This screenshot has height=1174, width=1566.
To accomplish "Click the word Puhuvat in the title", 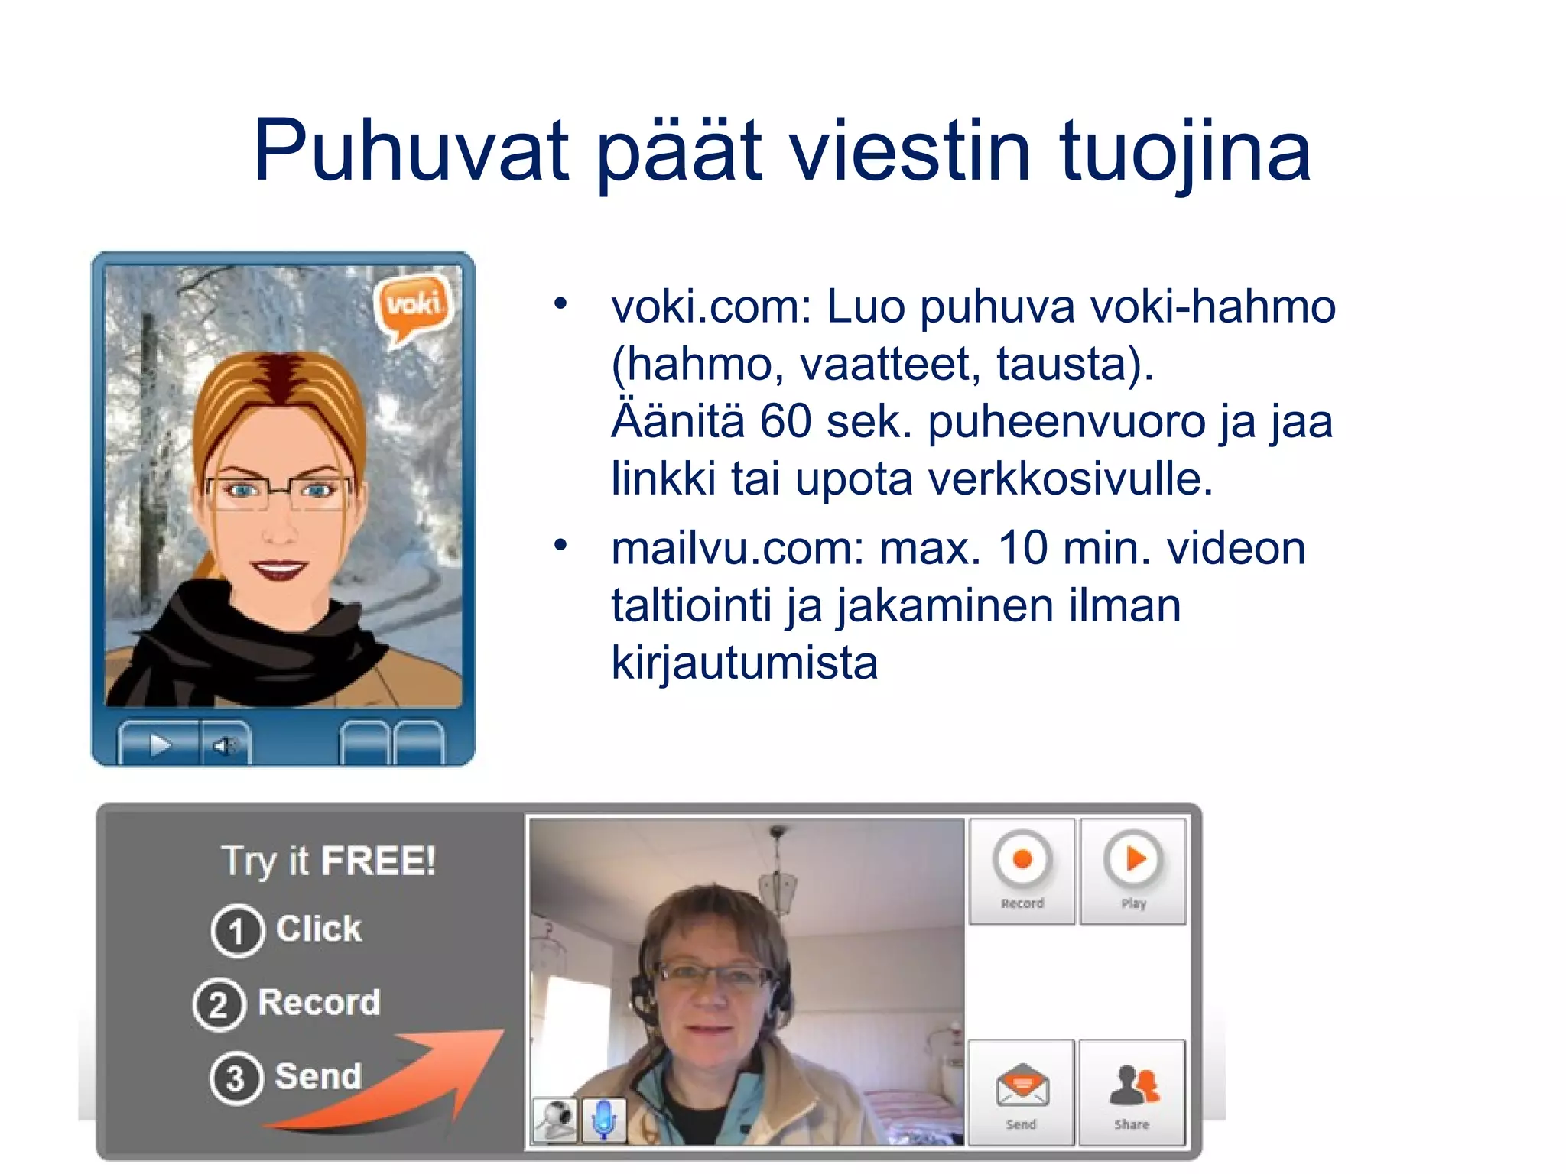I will (x=411, y=151).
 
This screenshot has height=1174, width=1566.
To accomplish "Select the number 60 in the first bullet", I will (x=785, y=421).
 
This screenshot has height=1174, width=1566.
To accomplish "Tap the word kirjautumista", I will (x=744, y=663).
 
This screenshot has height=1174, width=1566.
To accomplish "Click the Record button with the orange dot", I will (x=1022, y=870).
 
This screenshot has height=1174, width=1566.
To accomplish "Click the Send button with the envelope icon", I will (x=1022, y=1093).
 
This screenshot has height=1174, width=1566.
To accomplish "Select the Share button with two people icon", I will (x=1132, y=1093).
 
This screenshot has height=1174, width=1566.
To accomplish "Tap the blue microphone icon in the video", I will (x=603, y=1120).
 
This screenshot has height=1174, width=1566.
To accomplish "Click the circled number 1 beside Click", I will (x=237, y=931).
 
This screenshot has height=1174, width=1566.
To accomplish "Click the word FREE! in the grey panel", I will (x=378, y=861).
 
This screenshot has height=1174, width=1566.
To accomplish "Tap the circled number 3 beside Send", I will (x=236, y=1078).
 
